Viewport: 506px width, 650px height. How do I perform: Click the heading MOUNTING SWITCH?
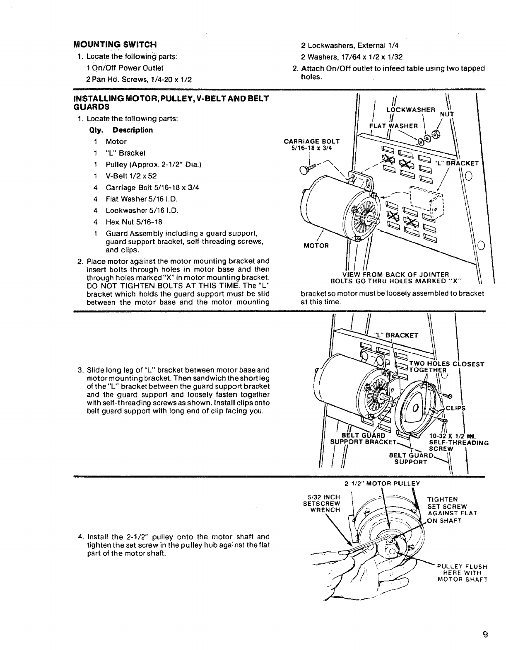coord(115,44)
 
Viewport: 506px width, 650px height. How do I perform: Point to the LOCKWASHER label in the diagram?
coord(410,110)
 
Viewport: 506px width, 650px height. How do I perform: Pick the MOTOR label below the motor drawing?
coord(316,245)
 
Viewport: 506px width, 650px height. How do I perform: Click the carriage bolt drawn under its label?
coord(307,168)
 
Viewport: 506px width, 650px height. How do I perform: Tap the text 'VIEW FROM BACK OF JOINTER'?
coord(396,275)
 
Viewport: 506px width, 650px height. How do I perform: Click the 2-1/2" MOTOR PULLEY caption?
coord(382,483)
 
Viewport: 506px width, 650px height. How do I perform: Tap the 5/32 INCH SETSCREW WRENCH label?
coord(322,503)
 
